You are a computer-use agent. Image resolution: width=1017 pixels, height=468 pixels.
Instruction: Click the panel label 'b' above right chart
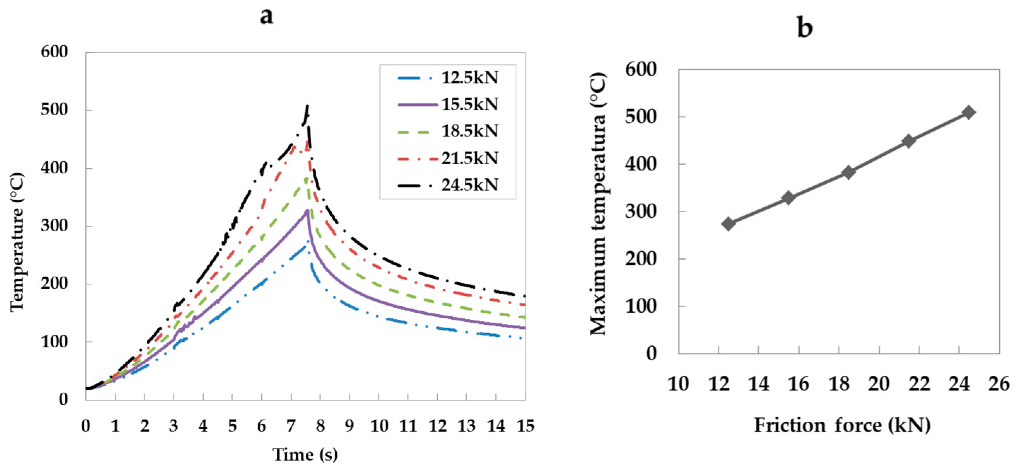click(805, 28)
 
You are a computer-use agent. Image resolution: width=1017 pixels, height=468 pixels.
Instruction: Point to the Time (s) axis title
click(305, 454)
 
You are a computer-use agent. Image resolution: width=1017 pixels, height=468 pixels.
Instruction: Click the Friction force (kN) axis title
click(842, 425)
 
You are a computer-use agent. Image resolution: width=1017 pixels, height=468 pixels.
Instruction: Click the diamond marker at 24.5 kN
click(969, 112)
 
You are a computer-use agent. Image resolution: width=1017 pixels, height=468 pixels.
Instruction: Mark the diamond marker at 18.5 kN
click(848, 172)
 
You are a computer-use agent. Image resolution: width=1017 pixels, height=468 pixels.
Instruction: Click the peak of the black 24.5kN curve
click(307, 106)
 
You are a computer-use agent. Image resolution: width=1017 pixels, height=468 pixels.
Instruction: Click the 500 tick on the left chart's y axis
click(54, 110)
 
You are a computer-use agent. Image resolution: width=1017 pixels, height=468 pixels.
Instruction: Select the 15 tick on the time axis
click(525, 426)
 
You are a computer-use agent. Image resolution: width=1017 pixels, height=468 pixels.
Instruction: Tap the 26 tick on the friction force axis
click(999, 384)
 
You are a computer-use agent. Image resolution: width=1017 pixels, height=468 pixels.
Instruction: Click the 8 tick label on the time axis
click(320, 426)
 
